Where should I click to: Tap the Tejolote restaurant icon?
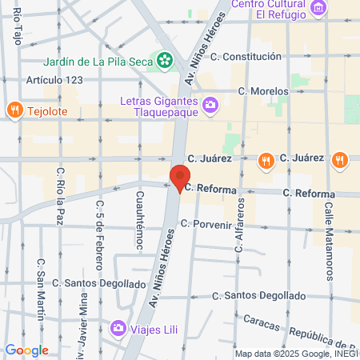[x=14, y=110]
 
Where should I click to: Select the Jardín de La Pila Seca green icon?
[x=165, y=58]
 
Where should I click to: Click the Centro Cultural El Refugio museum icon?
[x=319, y=8]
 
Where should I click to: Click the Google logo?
[x=26, y=350]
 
